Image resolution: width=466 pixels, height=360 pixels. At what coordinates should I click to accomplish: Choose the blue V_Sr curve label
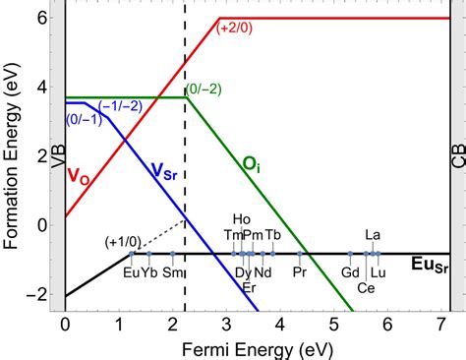pyautogui.click(x=169, y=173)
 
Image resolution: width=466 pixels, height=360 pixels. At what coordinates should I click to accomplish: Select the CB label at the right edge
pyautogui.click(x=457, y=154)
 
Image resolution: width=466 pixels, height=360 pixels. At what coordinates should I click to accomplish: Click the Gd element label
pyautogui.click(x=350, y=271)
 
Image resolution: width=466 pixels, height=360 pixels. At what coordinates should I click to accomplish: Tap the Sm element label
pyautogui.click(x=172, y=271)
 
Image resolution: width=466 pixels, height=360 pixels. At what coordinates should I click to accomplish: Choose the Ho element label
pyautogui.click(x=242, y=219)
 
